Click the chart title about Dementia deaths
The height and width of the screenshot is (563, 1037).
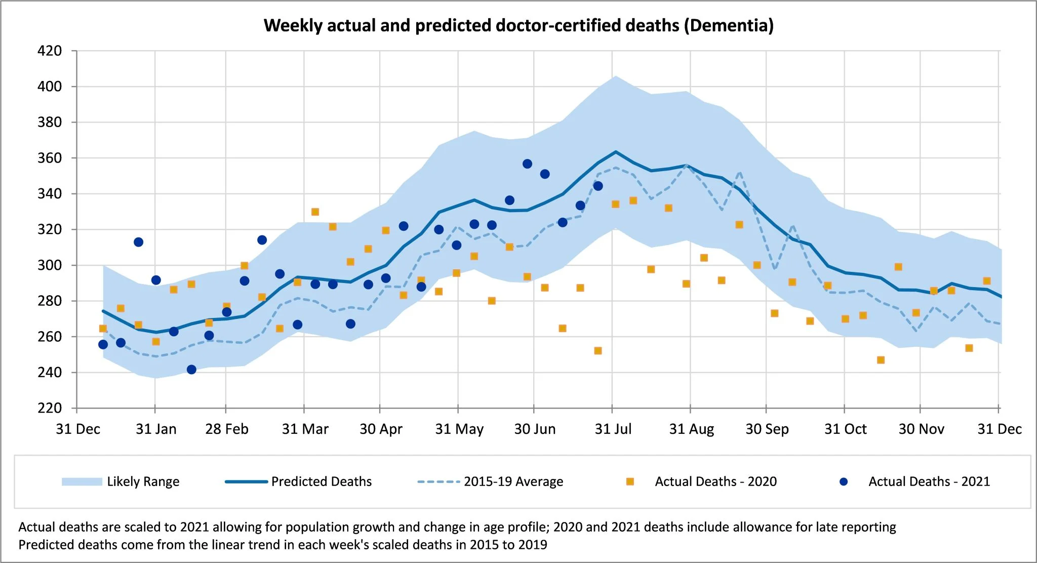(518, 25)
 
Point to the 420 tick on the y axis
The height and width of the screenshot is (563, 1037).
(50, 51)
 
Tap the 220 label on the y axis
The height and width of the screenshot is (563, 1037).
(50, 408)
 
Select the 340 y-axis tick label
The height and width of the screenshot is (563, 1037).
(50, 194)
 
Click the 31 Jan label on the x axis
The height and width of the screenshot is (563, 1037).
(156, 429)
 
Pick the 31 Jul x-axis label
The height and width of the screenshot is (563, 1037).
(613, 429)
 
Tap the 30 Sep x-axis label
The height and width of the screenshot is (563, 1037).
(767, 429)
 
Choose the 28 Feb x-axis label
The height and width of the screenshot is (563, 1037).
(226, 429)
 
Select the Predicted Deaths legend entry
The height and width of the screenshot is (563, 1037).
(299, 481)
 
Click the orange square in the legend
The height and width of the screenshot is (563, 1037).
(630, 481)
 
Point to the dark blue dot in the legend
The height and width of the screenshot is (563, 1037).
(843, 481)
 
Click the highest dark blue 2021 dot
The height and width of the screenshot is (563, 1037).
(527, 164)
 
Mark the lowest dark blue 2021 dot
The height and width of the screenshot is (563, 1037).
(191, 370)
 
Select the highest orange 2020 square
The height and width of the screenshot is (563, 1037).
(315, 212)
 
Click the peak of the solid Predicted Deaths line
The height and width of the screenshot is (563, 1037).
(615, 151)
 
